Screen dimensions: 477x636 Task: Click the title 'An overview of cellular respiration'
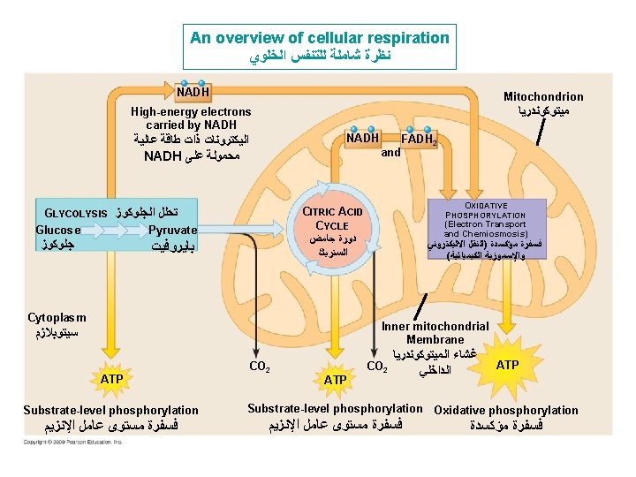click(320, 38)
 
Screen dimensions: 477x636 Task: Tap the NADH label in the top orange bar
click(193, 92)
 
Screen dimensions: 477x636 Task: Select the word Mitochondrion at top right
click(543, 97)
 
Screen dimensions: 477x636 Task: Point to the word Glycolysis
click(76, 214)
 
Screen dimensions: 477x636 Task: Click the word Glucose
click(58, 230)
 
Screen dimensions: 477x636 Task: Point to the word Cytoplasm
click(57, 317)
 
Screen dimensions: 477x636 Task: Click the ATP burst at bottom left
click(111, 378)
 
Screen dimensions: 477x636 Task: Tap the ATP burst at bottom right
click(507, 364)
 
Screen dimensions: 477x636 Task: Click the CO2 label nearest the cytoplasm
click(260, 365)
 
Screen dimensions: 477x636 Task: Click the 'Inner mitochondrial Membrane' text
click(435, 333)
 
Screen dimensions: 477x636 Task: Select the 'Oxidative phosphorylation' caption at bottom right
click(506, 410)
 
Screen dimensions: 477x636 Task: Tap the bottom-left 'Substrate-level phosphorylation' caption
click(110, 410)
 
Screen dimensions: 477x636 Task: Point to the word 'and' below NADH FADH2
click(390, 152)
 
